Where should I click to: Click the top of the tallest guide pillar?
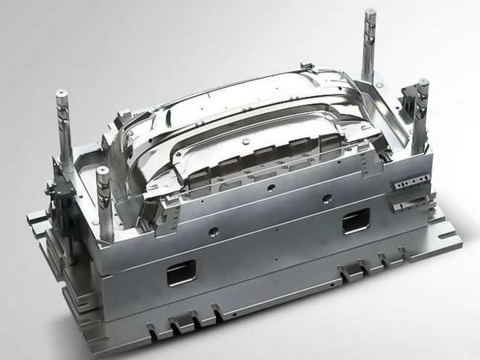coord(370,12)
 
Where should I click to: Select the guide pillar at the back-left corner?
coord(63,124)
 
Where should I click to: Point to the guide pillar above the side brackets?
coord(421,109)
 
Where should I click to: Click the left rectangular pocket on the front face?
coord(181,273)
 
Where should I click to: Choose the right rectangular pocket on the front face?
coord(356,220)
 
